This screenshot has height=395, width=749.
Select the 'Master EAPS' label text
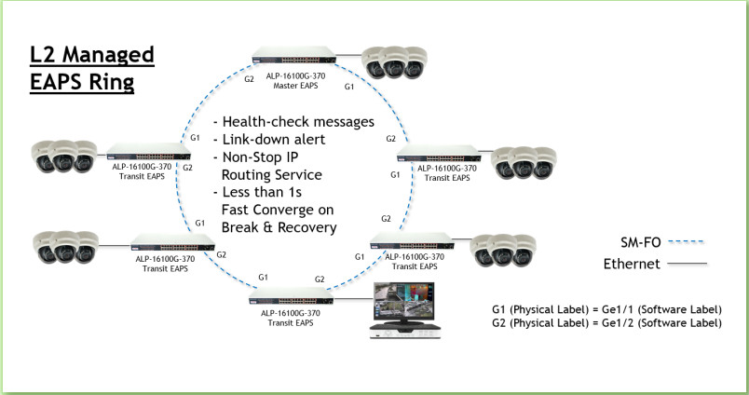(x=296, y=87)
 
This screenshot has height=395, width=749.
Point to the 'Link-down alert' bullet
(x=267, y=139)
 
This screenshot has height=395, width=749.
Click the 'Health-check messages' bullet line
(x=293, y=122)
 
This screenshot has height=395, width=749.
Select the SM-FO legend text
(x=640, y=240)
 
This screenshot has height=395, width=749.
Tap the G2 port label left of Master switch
(x=249, y=79)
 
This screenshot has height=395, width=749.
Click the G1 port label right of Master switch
(x=349, y=86)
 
